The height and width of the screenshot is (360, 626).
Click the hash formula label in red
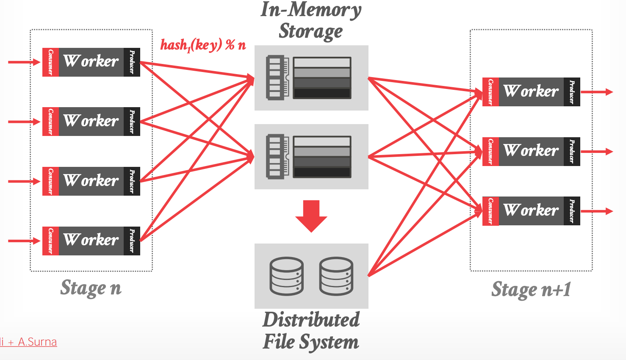click(203, 45)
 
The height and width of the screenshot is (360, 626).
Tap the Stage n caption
click(91, 288)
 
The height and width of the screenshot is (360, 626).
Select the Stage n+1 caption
click(531, 290)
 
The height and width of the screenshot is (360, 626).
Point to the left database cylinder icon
click(287, 276)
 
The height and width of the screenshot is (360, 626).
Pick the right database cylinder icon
click(336, 276)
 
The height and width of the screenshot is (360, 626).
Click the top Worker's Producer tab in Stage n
click(132, 62)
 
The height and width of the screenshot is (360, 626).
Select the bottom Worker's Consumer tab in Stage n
click(51, 241)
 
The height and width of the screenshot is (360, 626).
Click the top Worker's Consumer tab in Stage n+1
click(490, 91)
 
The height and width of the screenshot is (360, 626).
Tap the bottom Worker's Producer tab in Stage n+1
click(572, 211)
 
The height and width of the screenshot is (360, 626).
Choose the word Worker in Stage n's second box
click(91, 121)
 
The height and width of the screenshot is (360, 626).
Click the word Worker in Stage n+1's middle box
click(531, 151)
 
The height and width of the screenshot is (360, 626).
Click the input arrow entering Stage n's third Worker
click(24, 181)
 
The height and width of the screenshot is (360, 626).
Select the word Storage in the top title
click(310, 31)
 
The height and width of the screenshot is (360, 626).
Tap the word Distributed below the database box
click(311, 320)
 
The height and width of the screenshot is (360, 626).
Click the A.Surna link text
click(37, 342)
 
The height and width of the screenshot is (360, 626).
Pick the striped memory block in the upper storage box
click(322, 78)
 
